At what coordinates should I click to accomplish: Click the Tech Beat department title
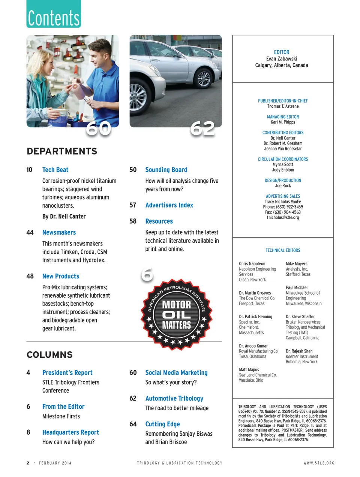(55, 170)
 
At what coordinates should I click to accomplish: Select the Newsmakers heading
(59, 233)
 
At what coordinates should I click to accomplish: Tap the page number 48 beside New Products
(30, 276)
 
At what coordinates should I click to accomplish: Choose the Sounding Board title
(166, 170)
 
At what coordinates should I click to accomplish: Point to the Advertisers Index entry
(169, 205)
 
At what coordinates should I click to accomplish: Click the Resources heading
(159, 221)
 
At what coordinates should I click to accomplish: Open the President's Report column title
(67, 373)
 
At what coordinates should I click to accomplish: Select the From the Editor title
(63, 407)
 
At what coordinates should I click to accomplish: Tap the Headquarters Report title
(70, 432)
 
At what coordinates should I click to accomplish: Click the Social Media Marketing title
(176, 373)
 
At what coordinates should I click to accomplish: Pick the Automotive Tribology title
(174, 399)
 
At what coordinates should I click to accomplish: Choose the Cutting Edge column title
(162, 424)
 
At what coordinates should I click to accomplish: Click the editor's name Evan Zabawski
(282, 59)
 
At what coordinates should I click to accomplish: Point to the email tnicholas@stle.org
(283, 218)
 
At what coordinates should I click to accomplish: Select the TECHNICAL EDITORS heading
(283, 250)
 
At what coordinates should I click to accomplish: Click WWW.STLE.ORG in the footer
(319, 463)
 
